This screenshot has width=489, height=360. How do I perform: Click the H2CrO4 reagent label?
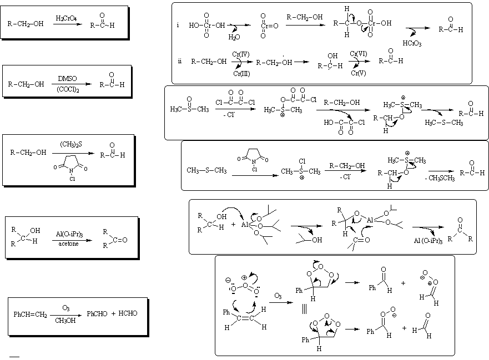[66, 19]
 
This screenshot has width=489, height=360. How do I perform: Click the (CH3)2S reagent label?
[72, 145]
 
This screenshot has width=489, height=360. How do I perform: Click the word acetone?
[68, 242]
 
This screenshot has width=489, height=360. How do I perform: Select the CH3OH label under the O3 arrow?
[65, 319]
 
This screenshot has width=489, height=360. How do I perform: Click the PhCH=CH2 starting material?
[30, 314]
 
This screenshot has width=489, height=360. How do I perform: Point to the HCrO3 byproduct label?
[412, 43]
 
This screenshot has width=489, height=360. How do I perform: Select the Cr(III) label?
[241, 74]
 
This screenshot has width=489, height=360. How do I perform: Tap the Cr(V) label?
[357, 73]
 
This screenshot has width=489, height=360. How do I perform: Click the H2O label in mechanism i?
[235, 37]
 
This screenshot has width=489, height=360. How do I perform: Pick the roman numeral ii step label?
[180, 60]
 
